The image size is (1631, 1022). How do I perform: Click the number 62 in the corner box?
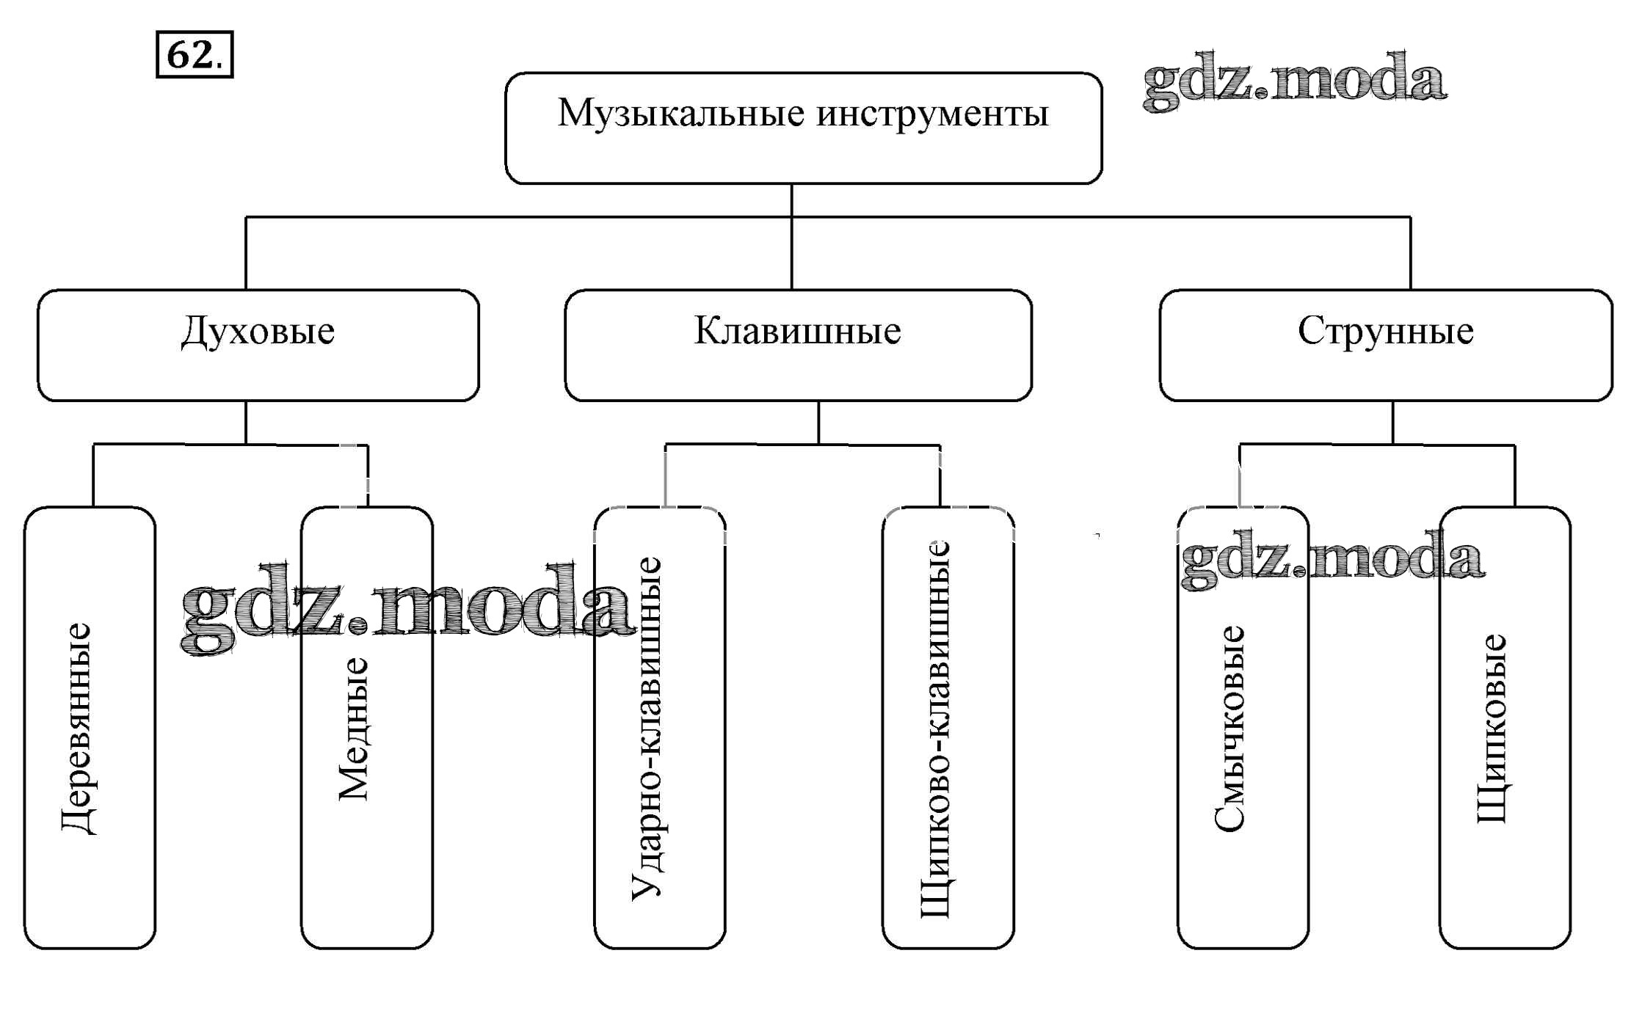tap(190, 55)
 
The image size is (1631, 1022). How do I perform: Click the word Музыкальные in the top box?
tap(680, 114)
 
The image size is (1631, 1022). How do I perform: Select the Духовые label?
tap(258, 332)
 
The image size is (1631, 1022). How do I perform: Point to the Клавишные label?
tap(797, 331)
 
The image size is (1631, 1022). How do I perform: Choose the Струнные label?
tap(1385, 331)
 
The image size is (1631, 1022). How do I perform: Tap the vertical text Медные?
tap(353, 729)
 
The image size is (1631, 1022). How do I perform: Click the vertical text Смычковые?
tap(1230, 729)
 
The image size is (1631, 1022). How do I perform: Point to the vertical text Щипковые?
tap(1491, 729)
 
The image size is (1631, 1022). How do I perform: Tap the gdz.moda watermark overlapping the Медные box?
tap(407, 609)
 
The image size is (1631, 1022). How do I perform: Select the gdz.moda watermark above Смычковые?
tap(1332, 559)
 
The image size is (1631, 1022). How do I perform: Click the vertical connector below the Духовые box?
tap(246, 422)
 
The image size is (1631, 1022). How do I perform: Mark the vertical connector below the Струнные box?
tap(1392, 422)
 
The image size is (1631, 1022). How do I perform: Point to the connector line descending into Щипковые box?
tap(1515, 475)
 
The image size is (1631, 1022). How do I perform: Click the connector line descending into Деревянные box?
tap(93, 475)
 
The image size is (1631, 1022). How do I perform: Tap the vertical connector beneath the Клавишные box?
tap(818, 422)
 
